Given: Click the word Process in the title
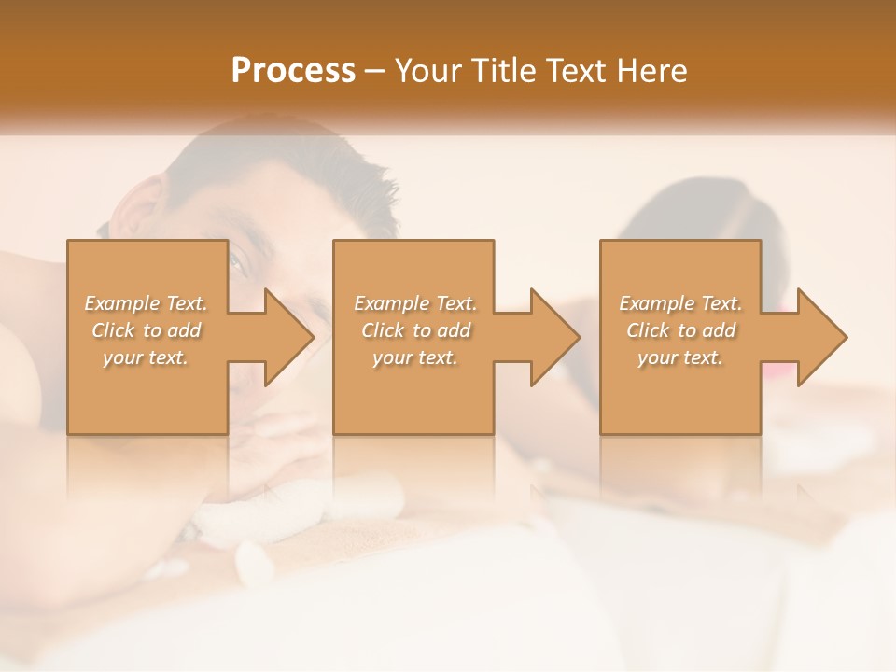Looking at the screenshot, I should tap(293, 71).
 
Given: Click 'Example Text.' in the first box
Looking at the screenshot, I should tap(147, 303).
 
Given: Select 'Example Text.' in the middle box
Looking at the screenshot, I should tap(415, 303).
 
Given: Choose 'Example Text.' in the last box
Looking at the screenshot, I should tap(680, 303).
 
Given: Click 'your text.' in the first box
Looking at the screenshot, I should tap(146, 357).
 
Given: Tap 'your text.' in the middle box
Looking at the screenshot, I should tap(414, 357).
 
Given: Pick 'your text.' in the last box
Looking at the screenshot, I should tap(679, 357).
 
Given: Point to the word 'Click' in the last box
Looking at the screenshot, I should tap(648, 330).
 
